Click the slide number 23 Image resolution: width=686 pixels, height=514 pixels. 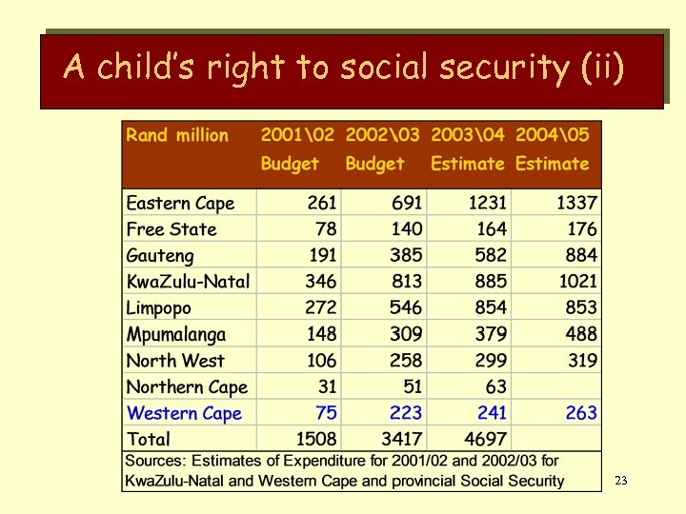620,481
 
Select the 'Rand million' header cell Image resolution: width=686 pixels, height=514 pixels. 177,135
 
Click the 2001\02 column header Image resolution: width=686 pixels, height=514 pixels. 299,135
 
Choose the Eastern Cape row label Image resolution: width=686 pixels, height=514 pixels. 180,203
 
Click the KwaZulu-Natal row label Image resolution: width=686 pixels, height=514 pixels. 188,282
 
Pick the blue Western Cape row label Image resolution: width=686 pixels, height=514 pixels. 184,413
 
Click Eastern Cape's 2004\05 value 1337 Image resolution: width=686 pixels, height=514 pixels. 577,203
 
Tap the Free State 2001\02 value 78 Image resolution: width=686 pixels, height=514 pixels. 326,229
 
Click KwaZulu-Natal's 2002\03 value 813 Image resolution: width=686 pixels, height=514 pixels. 406,282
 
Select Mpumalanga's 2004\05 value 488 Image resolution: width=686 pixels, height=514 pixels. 580,334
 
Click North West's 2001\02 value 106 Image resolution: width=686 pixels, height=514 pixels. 321,361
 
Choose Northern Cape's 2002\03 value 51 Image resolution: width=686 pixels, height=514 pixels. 413,386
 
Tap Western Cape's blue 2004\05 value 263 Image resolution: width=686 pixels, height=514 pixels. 580,413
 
